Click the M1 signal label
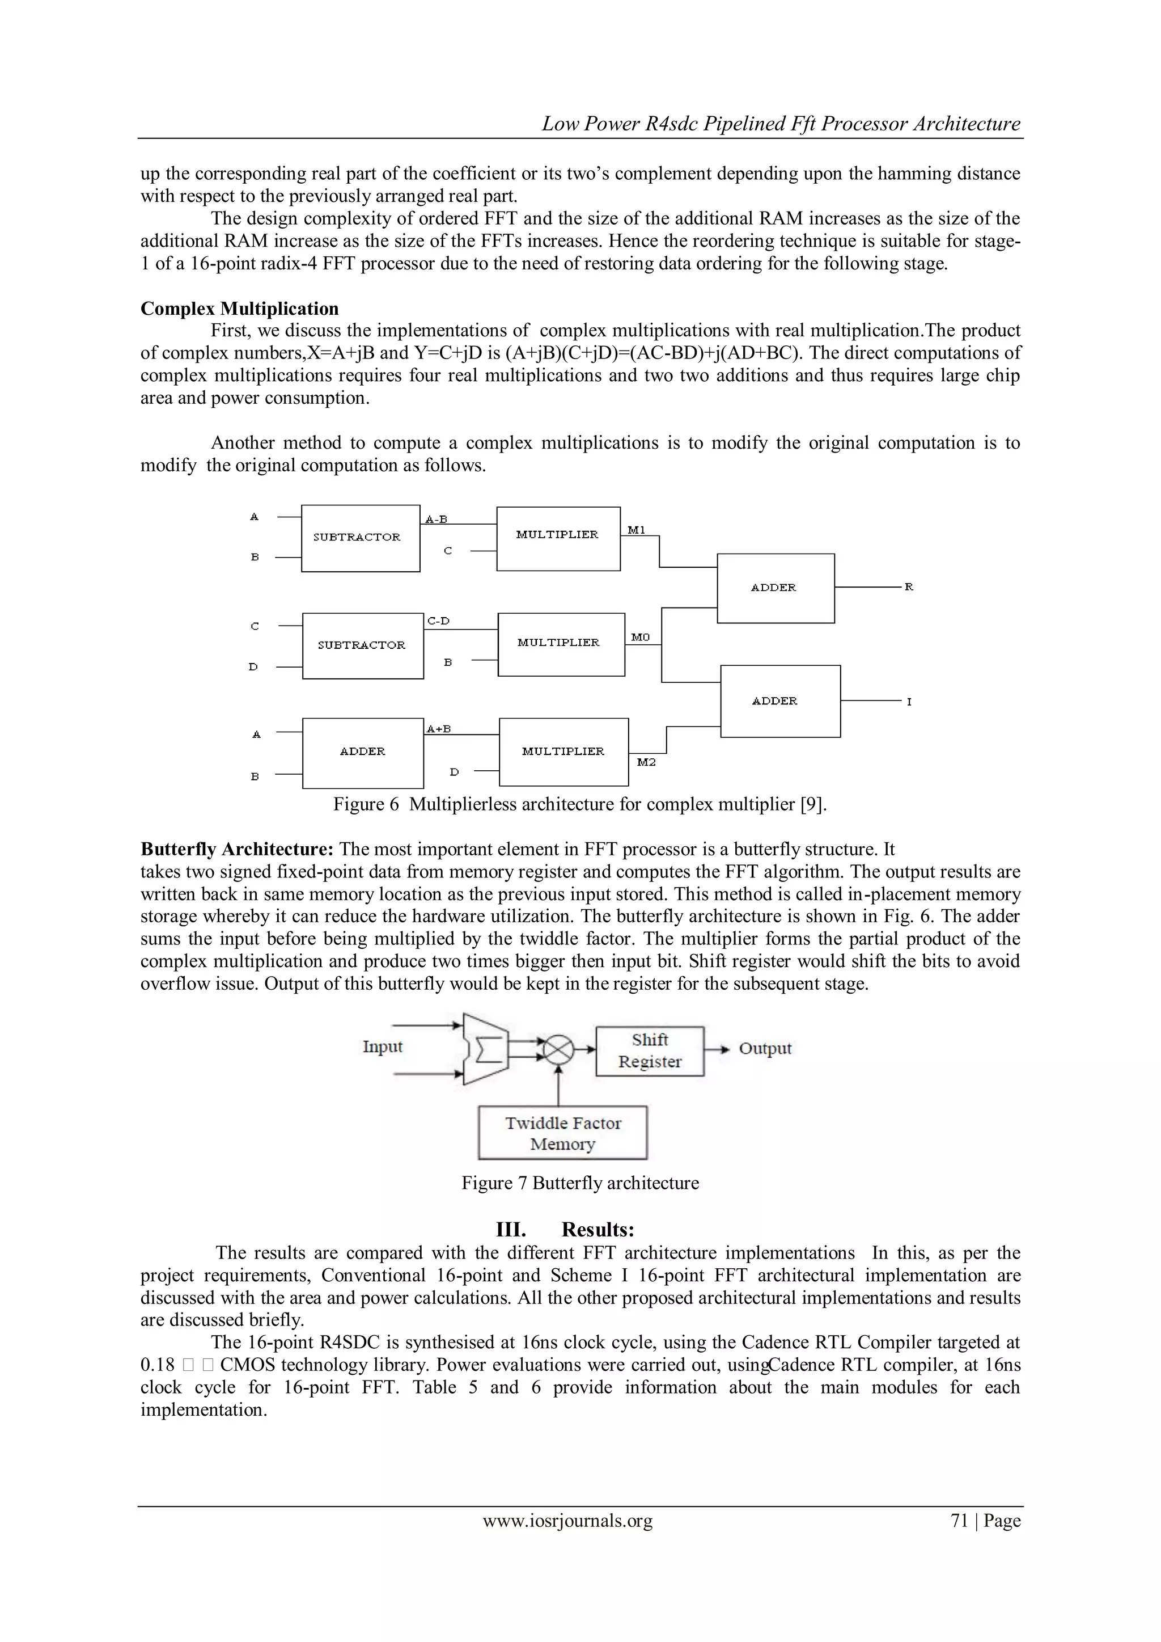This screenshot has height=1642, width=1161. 636,530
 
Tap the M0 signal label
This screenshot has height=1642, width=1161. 641,637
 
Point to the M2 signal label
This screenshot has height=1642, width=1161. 646,762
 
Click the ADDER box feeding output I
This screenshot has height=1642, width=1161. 780,701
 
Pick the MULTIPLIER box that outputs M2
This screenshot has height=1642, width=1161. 563,752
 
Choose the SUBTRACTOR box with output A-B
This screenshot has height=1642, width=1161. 359,538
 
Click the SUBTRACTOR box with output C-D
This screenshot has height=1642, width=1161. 362,645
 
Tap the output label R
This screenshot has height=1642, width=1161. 909,587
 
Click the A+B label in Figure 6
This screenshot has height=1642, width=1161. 438,729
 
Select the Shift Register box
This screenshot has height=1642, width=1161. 649,1050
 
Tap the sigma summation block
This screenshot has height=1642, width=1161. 487,1049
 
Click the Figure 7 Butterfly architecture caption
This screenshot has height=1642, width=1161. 580,1183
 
